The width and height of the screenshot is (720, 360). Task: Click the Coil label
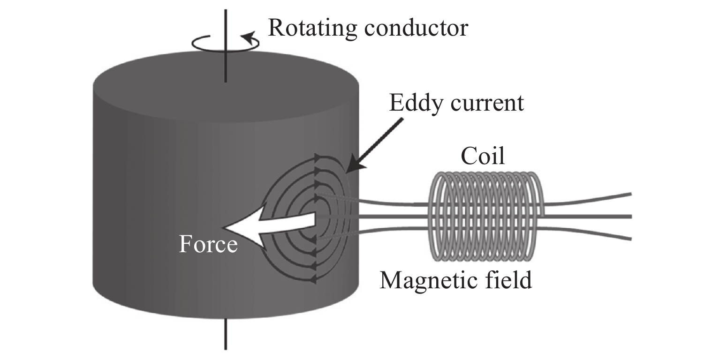coord(483,156)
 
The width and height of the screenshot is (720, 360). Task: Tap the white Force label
coord(208,244)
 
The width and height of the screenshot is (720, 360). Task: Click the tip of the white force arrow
coord(222,228)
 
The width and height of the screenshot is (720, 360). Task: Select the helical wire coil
coord(486,216)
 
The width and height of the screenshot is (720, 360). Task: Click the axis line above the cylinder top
coord(226,46)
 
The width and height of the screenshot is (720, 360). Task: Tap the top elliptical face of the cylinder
coord(226,87)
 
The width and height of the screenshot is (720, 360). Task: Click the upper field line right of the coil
coord(588,200)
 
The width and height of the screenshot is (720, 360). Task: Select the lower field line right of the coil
coord(588,232)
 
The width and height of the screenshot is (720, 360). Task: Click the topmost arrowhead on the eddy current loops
coord(318,157)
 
